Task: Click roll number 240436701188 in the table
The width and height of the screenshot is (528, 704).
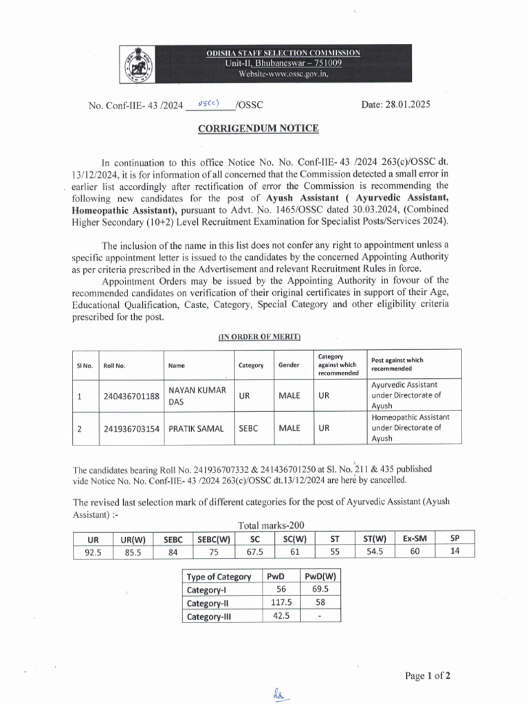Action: coord(131,397)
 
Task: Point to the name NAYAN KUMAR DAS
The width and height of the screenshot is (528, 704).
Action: coord(197,397)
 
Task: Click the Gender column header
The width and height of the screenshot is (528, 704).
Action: coord(289,365)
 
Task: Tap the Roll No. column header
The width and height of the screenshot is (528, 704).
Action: coord(113,365)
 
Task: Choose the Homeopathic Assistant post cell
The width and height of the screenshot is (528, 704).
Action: coord(410,428)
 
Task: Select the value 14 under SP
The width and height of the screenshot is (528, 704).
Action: coord(454,551)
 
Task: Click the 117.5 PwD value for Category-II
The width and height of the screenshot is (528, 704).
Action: coord(281,602)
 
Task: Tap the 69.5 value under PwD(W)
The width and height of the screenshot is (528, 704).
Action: coord(320,589)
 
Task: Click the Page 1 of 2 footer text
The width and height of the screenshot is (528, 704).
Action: coord(428,676)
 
